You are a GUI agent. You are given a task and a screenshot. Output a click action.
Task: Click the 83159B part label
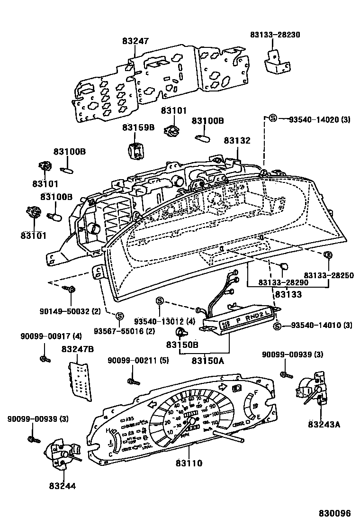(138, 128)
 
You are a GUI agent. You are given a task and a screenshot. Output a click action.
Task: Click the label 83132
(237, 140)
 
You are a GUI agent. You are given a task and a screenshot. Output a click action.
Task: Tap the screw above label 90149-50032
(71, 289)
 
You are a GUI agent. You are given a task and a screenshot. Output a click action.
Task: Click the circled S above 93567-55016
(119, 316)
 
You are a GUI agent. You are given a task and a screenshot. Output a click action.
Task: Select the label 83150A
(208, 361)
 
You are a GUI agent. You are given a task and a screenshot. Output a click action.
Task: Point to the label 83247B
(77, 349)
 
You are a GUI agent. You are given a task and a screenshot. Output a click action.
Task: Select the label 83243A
(324, 424)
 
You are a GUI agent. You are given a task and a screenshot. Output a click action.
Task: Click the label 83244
(62, 485)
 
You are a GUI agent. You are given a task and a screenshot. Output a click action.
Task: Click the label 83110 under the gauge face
(189, 463)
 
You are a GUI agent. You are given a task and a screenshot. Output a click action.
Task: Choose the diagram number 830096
(335, 513)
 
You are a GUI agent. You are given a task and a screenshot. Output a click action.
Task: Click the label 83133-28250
(329, 275)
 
